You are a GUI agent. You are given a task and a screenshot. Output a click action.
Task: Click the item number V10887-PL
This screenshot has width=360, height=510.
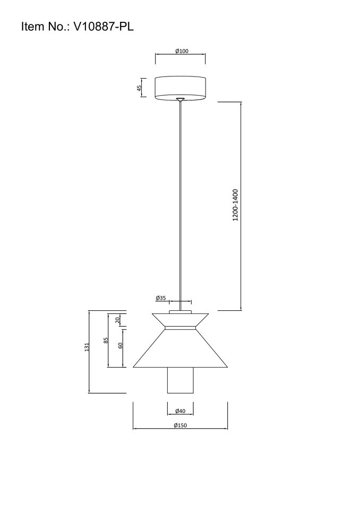tap(104, 27)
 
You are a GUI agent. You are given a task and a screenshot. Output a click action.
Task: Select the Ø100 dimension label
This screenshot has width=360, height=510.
tap(182, 51)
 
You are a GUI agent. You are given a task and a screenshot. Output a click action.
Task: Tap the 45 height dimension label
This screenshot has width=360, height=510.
tap(139, 88)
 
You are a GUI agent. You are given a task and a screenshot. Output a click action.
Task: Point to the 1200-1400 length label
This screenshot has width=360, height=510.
tap(235, 205)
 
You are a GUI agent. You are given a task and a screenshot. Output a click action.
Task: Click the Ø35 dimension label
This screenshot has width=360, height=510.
tap(161, 297)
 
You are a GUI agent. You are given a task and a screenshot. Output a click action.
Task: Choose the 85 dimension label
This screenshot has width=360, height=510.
tap(106, 341)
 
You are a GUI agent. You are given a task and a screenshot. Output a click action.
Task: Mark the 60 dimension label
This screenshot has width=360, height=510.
tap(121, 345)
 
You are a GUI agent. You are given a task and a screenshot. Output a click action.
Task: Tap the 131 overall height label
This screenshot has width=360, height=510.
tap(87, 347)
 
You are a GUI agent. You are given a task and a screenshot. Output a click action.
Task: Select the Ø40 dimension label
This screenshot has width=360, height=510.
tap(180, 411)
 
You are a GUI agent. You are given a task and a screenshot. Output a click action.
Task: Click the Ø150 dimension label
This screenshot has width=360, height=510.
tap(181, 425)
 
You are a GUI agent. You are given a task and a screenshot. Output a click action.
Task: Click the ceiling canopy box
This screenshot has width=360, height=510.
tap(180, 88)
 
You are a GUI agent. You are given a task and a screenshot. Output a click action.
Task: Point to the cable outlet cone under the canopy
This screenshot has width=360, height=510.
tap(180, 99)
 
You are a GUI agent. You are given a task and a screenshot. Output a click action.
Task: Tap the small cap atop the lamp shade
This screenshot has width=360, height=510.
tap(180, 312)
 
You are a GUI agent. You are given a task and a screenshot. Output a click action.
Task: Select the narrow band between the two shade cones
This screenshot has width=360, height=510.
tap(180, 328)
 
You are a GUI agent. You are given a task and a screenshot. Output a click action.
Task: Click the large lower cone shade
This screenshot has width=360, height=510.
tap(180, 348)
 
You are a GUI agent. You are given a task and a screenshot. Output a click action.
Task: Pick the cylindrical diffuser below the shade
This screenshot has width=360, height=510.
tap(180, 380)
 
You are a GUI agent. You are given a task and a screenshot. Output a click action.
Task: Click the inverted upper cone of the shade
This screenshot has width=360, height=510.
tap(180, 320)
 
